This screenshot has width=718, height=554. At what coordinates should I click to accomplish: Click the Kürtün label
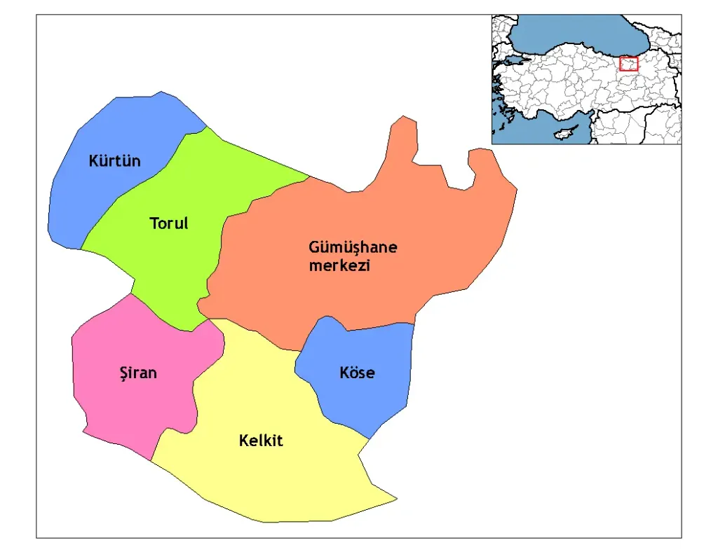coord(114,161)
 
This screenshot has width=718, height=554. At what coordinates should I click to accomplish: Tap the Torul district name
coord(169,223)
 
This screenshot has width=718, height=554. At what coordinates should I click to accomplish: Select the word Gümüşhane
coord(353,248)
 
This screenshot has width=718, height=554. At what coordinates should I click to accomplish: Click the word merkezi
coord(339,266)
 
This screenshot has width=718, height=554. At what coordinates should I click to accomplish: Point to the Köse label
coord(357,373)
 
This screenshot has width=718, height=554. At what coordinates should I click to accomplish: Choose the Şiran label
coord(137,373)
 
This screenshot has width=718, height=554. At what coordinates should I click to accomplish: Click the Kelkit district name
coord(261,441)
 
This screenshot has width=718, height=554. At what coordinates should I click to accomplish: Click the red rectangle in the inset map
coord(629,64)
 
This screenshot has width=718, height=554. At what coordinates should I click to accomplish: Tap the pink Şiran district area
coord(119,406)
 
